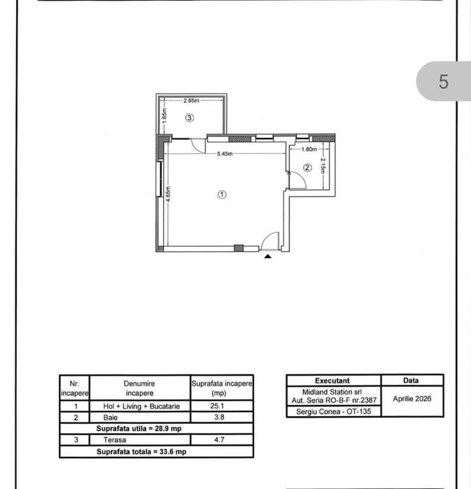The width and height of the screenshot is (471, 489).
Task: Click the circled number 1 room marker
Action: [x=222, y=194]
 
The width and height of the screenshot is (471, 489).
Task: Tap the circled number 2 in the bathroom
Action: [x=307, y=168]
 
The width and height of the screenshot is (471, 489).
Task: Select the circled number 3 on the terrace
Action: [x=190, y=118]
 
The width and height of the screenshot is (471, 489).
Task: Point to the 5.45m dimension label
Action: [x=225, y=154]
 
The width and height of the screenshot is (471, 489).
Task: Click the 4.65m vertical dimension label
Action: [x=168, y=194]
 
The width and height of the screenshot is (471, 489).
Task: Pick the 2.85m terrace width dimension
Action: [x=191, y=101]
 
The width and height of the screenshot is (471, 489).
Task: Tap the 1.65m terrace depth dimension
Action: [x=164, y=115]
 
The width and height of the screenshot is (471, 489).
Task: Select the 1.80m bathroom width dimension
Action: [x=309, y=149]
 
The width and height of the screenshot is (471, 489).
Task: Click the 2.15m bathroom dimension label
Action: [x=323, y=166]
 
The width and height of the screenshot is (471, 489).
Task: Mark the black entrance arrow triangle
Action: [x=267, y=257]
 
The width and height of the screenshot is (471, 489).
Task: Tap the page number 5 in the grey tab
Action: [x=443, y=82]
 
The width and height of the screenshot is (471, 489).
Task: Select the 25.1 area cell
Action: [x=217, y=406]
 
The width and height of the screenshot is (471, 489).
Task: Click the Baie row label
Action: [x=111, y=417]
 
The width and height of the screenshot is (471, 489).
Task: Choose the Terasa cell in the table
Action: [x=115, y=440]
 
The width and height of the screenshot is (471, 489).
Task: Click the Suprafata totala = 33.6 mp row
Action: [x=141, y=452]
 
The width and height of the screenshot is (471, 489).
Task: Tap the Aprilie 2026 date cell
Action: [x=412, y=399]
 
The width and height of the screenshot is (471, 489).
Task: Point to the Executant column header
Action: [x=332, y=381]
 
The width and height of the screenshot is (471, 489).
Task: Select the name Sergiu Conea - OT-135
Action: [x=333, y=411]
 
